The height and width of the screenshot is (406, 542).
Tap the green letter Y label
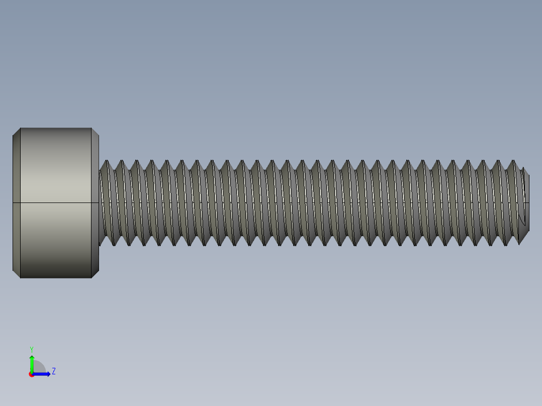(32, 349)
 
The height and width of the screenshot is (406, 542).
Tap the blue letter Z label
(54, 371)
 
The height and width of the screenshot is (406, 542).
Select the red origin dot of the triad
(32, 374)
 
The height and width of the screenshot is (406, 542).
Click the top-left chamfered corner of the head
(17, 132)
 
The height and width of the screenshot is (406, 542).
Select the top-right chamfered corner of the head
(95, 132)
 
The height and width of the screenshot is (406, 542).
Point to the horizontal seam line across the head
(55, 202)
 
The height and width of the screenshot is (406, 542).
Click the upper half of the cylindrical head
(55, 166)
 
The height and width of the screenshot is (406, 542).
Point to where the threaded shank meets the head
(100, 202)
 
